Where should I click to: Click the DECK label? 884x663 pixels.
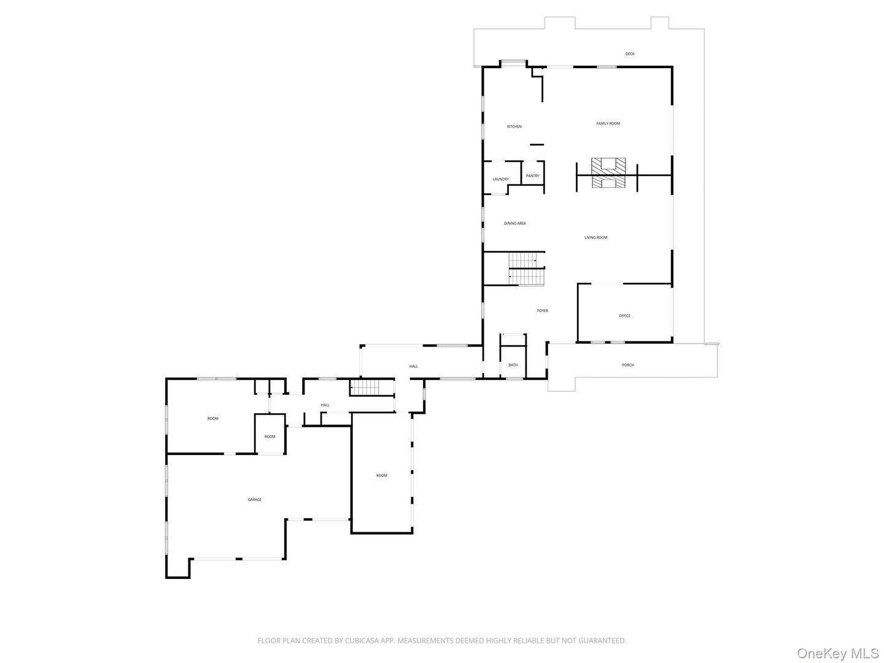pos(630,54)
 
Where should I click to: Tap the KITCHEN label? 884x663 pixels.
pos(514,127)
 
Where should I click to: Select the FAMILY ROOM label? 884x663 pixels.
pos(608,123)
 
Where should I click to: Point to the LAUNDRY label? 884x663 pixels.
pos(500,179)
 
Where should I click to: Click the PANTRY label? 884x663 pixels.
pos(532,176)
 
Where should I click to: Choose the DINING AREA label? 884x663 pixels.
pos(514,223)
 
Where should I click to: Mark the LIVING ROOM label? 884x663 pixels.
pos(595,238)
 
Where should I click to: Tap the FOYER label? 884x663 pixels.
pos(542,311)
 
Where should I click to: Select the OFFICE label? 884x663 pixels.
pos(624,316)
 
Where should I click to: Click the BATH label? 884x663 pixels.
pos(513,365)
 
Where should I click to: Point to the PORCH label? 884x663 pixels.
pos(627,365)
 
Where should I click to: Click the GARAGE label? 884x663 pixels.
pos(255,500)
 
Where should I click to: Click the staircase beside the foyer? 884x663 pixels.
pos(526,269)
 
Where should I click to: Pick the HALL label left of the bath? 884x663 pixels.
pos(414,366)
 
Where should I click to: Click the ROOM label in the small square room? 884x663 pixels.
pos(270,436)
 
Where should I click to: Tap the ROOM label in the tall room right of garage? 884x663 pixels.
pos(382,476)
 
